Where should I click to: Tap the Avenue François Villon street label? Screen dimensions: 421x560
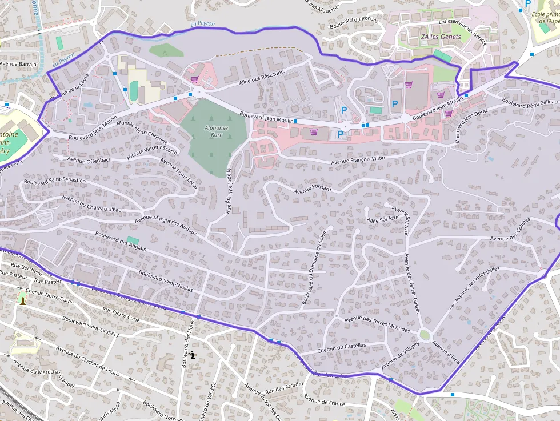click(x=358, y=161)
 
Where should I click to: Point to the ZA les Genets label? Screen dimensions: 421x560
click(x=441, y=37)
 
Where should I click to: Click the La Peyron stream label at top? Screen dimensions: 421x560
click(x=202, y=24)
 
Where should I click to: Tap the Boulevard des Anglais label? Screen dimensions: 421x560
click(x=121, y=240)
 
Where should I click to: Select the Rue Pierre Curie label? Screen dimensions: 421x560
click(x=121, y=314)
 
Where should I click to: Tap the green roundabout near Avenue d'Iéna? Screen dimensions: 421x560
click(x=425, y=335)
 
